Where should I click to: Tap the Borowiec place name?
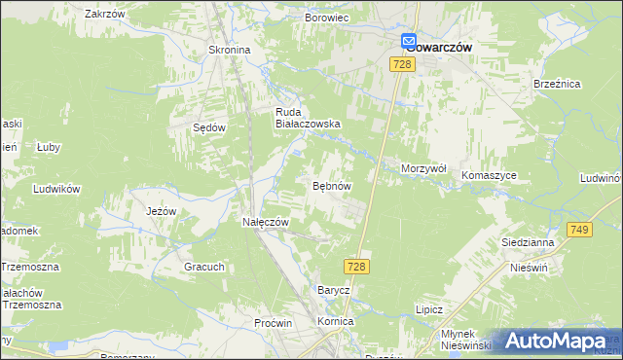(x=326, y=18)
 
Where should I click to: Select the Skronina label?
(x=230, y=50)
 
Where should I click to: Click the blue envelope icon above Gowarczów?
(x=410, y=41)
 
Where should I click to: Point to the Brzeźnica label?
(x=557, y=85)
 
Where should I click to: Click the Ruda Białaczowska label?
(x=307, y=118)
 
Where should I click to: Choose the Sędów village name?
(x=208, y=127)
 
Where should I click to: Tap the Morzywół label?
(x=423, y=168)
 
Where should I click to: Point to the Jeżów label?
(x=161, y=211)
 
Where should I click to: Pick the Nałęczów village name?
(x=266, y=222)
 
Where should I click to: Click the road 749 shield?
(x=581, y=229)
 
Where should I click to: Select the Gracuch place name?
(x=204, y=267)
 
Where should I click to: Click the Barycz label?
(x=333, y=290)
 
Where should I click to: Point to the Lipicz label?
(x=428, y=309)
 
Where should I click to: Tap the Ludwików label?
(x=55, y=189)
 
